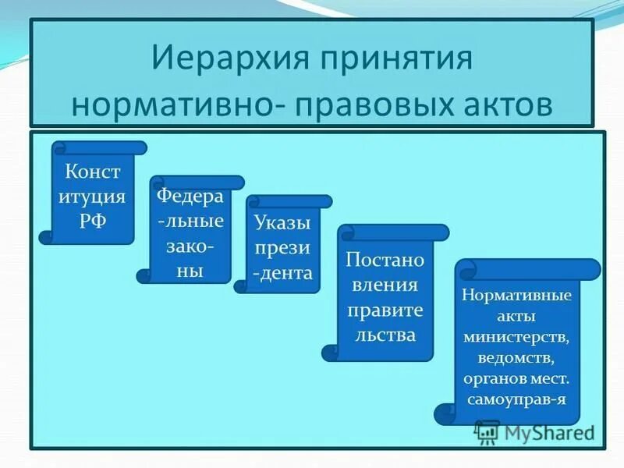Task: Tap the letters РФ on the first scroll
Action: (x=92, y=219)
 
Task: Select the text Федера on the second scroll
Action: (x=190, y=195)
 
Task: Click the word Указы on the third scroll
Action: (x=282, y=222)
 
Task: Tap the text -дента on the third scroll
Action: (x=282, y=273)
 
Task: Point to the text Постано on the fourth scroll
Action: (x=385, y=259)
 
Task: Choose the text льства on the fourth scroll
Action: (x=385, y=335)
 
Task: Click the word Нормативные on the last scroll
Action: (x=516, y=296)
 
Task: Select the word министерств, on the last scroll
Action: (x=516, y=338)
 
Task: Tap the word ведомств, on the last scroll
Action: (x=516, y=358)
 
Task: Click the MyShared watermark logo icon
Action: (x=487, y=431)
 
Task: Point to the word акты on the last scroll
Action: (x=516, y=317)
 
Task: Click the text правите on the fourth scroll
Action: (x=385, y=310)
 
